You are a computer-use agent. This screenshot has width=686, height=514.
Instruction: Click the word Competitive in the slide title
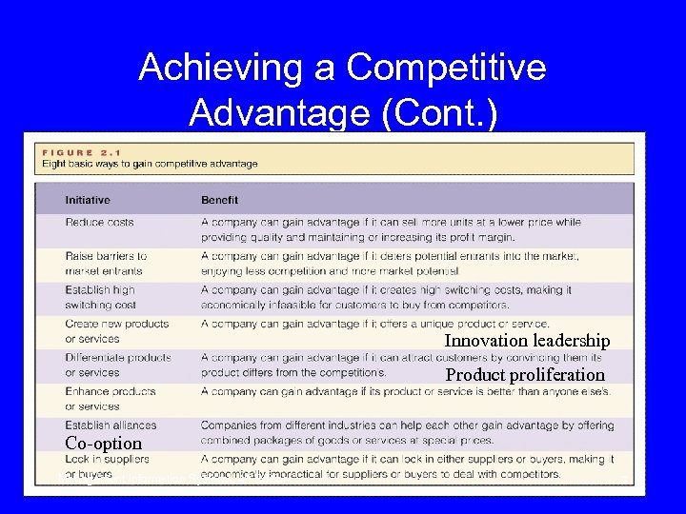pos(447,68)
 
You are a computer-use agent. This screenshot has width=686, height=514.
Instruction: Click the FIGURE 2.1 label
pos(78,151)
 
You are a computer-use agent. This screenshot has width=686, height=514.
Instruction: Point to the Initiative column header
pos(88,200)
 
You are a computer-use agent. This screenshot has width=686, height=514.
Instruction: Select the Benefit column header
pos(219,200)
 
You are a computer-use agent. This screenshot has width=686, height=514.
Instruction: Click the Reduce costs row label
pos(98,222)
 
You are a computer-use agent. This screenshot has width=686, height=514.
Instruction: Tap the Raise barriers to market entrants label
pos(106,264)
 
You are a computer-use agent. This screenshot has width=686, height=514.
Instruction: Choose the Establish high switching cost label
pos(100,297)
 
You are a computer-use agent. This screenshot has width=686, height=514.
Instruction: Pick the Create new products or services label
pos(104,331)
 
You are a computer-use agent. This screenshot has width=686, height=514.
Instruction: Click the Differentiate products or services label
pos(118,365)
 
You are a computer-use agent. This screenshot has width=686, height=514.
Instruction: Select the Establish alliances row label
pos(111,425)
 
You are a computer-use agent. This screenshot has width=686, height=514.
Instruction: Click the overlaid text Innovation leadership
pos(527,341)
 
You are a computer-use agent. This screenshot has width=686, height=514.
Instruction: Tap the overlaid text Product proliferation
pos(525,375)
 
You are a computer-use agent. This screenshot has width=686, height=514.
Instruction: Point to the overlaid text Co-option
pos(103,444)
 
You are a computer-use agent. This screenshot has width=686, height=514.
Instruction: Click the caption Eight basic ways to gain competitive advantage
pos(150,164)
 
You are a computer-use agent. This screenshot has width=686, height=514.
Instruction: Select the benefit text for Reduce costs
pos(390,229)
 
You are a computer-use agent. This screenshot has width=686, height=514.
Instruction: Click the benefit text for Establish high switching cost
pos(385,297)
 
